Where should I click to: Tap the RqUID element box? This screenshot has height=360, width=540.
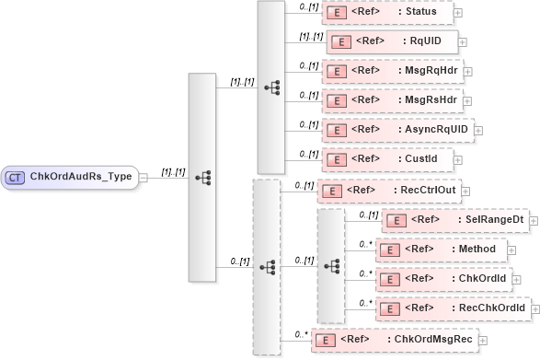pos(392,41)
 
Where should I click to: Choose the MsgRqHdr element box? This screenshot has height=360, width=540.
pos(392,70)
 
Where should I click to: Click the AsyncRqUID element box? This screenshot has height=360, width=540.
pos(396,129)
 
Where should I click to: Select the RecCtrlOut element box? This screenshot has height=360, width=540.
pos(385,192)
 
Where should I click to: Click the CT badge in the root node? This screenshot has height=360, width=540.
pos(16,177)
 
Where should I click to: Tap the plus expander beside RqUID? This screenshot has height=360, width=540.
pos(463,42)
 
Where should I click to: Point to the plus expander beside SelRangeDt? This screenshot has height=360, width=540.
pos(534,221)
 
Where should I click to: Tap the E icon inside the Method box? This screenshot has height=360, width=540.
pos(391,249)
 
